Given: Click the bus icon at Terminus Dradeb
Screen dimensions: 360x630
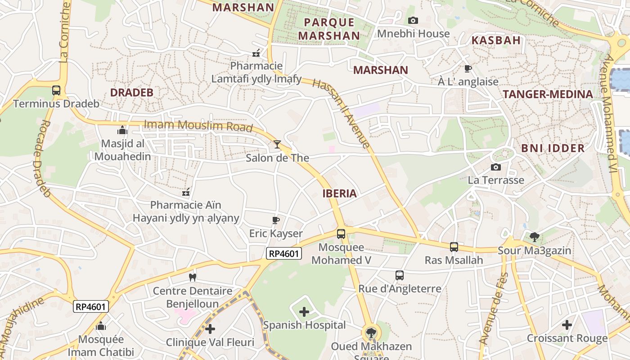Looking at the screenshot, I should pyautogui.click(x=56, y=90).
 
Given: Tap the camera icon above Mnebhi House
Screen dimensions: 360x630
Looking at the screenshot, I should pyautogui.click(x=413, y=20).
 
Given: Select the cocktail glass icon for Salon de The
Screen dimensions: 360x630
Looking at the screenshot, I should pyautogui.click(x=277, y=144).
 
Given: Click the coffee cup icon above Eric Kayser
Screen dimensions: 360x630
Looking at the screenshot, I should pyautogui.click(x=276, y=220).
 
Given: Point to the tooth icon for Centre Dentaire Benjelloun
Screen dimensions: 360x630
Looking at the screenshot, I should pyautogui.click(x=193, y=278).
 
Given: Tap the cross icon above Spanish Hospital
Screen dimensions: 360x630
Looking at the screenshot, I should pyautogui.click(x=304, y=311).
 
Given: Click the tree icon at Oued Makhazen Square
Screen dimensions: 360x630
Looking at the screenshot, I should pyautogui.click(x=371, y=333).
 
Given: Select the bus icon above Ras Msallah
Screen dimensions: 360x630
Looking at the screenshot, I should pyautogui.click(x=454, y=247).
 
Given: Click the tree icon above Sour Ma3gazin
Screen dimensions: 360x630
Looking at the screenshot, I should pyautogui.click(x=534, y=237).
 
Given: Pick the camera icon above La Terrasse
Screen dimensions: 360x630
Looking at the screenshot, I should pyautogui.click(x=495, y=167).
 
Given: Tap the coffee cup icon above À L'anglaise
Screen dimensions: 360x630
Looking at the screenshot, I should pyautogui.click(x=468, y=68).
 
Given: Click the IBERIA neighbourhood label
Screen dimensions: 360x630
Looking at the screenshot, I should pyautogui.click(x=339, y=193).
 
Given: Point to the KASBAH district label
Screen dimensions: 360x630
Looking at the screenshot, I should pyautogui.click(x=496, y=40).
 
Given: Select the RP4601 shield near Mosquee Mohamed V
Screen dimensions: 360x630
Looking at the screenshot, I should pyautogui.click(x=283, y=254).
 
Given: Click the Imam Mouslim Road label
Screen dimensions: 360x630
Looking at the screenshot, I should pyautogui.click(x=198, y=126).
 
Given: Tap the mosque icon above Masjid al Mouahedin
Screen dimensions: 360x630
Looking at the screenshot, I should pyautogui.click(x=122, y=130).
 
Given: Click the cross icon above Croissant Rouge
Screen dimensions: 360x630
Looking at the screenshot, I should pyautogui.click(x=567, y=324).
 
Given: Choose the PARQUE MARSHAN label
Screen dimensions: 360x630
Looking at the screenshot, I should pyautogui.click(x=328, y=29).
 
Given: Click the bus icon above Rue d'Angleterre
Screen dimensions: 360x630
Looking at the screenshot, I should pyautogui.click(x=399, y=275).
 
